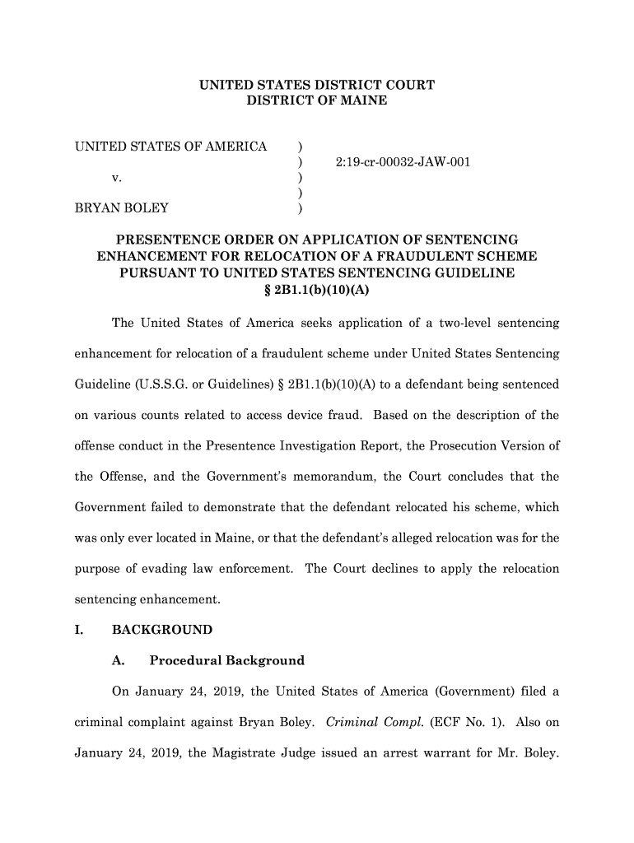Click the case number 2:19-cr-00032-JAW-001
point(403,162)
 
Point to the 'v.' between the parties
point(117,177)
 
